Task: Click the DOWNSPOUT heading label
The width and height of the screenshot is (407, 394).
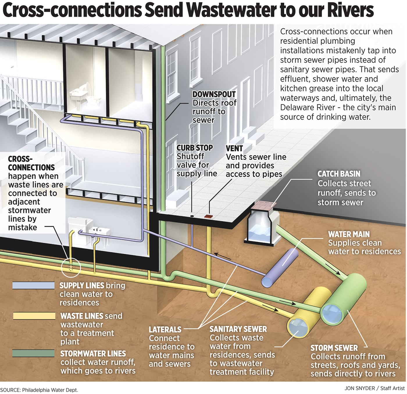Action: (x=214, y=94)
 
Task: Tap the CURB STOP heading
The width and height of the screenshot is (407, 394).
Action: (x=194, y=148)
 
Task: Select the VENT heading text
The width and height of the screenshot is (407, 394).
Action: (x=234, y=148)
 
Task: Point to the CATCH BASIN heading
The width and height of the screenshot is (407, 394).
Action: (x=339, y=174)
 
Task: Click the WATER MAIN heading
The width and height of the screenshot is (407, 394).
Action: (x=349, y=234)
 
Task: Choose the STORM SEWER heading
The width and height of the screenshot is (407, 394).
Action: (x=334, y=348)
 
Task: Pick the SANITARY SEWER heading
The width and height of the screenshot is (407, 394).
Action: (x=238, y=329)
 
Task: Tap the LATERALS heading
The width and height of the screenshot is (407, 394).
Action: (x=165, y=330)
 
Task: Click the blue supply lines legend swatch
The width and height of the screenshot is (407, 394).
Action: (x=33, y=285)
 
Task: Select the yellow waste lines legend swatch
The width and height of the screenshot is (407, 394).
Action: (x=34, y=316)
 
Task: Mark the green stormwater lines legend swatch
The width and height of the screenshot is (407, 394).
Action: (x=33, y=353)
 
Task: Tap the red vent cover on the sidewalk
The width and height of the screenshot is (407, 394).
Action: (x=208, y=216)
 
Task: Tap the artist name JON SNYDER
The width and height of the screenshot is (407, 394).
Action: (x=360, y=388)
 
